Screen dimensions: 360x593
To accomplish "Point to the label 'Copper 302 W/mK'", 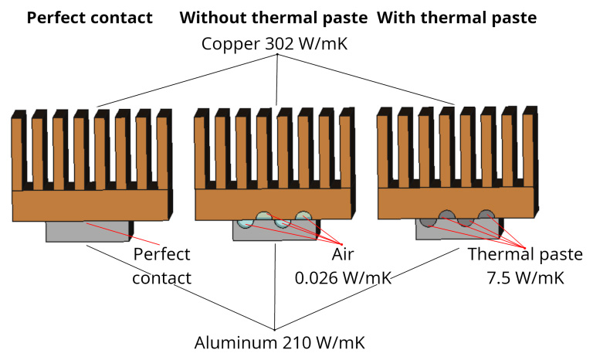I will click(x=276, y=43).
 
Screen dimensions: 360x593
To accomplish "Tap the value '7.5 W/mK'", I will click(x=526, y=277).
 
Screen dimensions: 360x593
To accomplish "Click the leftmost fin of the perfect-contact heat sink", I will click(x=19, y=151).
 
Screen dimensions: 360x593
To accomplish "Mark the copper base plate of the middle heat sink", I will click(x=273, y=203).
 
